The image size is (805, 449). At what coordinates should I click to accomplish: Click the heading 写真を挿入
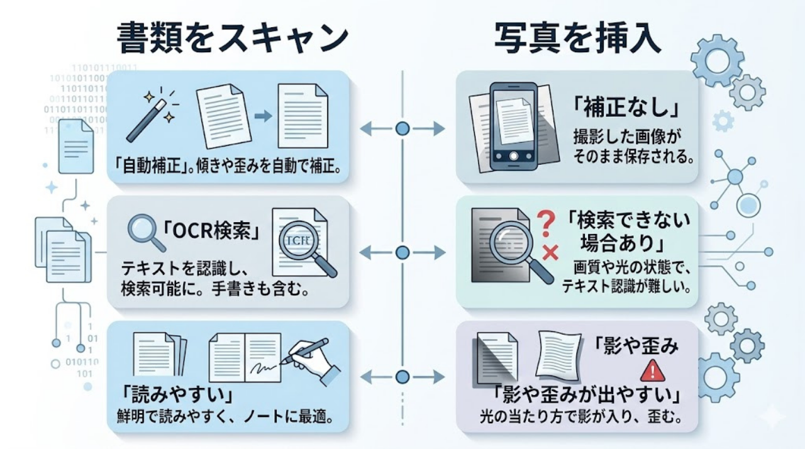(x=577, y=39)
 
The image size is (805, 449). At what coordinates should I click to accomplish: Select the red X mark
(x=550, y=253)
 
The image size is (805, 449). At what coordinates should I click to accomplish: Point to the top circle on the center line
(x=402, y=129)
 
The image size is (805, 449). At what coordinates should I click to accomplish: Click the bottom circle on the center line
(x=402, y=377)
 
